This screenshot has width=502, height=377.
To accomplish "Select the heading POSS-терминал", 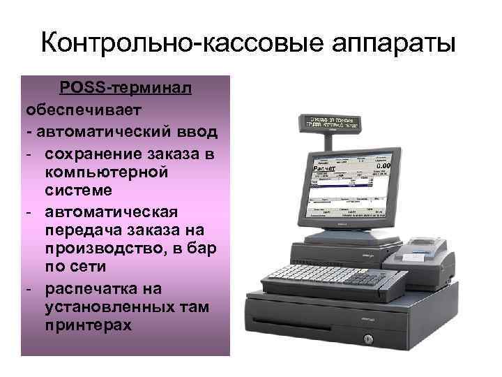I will click(125, 89).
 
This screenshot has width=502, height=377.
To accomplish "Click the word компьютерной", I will click(105, 172).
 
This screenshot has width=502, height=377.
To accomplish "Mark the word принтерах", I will click(87, 326).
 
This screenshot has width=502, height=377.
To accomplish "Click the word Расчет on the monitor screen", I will click(325, 169).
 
